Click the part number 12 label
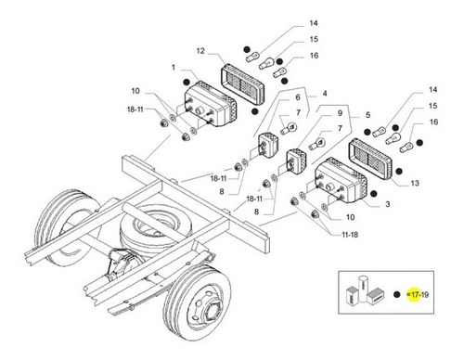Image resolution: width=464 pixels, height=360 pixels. (200, 51)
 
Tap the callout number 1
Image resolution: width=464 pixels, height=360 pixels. (174, 68)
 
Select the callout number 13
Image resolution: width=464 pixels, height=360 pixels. (415, 183)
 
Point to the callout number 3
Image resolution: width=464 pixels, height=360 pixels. (388, 204)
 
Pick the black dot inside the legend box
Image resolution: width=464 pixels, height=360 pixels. (397, 295)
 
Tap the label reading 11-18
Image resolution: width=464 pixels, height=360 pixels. (350, 235)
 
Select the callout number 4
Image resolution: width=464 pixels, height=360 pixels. (325, 94)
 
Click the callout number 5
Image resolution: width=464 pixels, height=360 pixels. (367, 115)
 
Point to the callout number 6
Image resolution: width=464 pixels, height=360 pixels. (298, 97)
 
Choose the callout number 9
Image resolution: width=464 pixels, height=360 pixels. (340, 113)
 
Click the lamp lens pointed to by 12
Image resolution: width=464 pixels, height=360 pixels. (243, 84)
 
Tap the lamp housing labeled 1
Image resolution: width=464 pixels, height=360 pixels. (211, 105)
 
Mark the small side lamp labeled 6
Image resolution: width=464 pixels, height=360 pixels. (268, 145)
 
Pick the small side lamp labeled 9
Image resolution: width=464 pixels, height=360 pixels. (297, 162)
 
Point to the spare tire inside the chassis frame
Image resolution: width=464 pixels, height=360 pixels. (151, 227)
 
